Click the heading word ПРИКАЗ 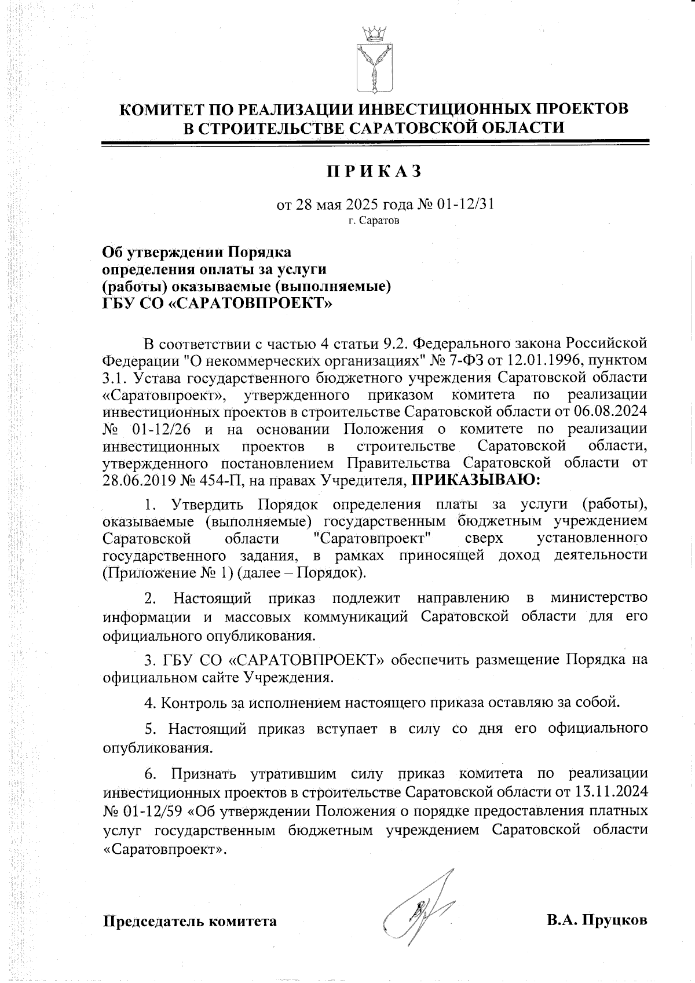click(x=374, y=172)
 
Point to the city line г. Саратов click(x=374, y=221)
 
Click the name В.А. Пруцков click(x=597, y=920)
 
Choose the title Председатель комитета click(x=189, y=921)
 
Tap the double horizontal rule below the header click(x=374, y=142)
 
